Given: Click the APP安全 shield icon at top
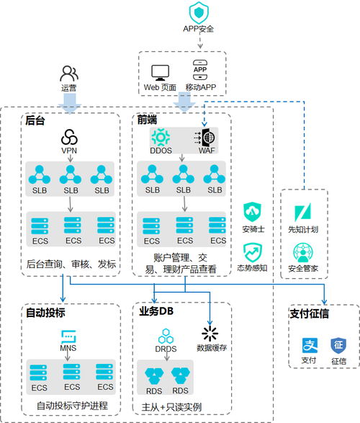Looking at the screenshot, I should (198, 12).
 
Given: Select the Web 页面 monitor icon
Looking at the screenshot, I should (160, 72).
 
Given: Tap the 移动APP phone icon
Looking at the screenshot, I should (201, 70).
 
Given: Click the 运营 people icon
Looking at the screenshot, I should (69, 74).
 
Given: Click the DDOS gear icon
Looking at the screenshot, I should (161, 136).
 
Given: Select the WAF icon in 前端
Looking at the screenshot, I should (204, 136).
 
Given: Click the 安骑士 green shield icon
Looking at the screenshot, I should (253, 212).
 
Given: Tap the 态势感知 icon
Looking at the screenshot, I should (253, 251).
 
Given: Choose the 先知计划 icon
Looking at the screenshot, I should (303, 213).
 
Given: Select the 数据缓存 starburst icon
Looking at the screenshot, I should (210, 333).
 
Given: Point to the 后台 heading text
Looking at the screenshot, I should (35, 120).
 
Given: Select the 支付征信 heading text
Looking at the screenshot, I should (310, 314).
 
